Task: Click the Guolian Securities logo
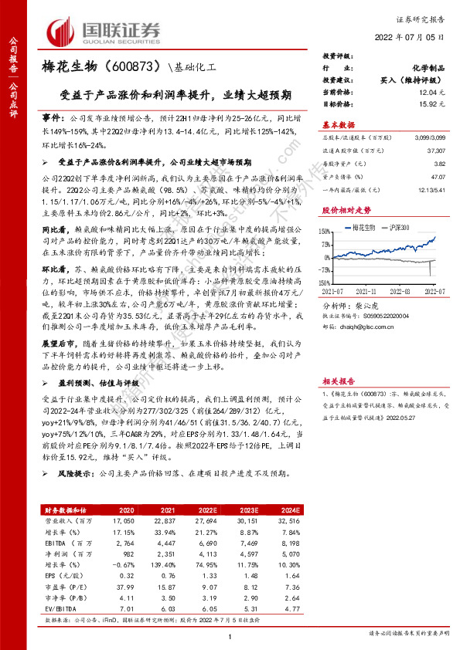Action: [105, 30]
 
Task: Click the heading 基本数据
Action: [338, 125]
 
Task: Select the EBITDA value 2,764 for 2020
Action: [145, 545]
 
